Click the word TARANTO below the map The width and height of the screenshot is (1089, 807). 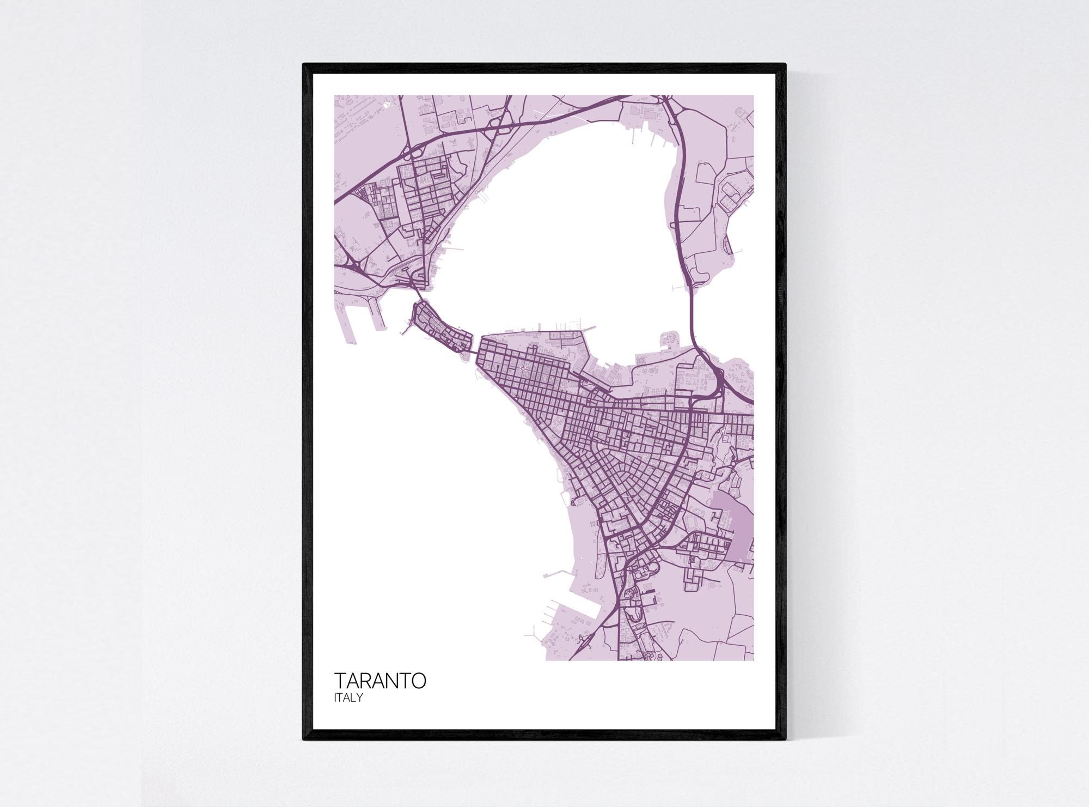(x=380, y=681)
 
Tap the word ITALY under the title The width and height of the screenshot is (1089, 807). (x=349, y=698)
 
